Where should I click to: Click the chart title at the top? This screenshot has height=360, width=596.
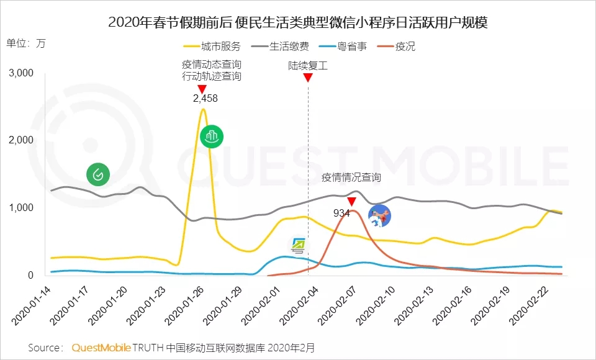click(297, 23)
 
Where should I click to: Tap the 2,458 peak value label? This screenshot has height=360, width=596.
click(205, 98)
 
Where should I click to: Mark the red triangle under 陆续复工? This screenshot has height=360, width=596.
click(308, 78)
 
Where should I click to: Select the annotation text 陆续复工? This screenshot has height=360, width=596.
click(308, 65)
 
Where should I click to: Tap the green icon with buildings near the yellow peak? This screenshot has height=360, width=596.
click(211, 137)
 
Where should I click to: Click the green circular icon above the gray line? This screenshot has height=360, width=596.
click(98, 174)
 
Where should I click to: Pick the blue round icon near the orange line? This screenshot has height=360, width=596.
click(380, 216)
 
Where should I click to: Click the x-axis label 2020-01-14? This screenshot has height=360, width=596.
click(35, 308)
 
